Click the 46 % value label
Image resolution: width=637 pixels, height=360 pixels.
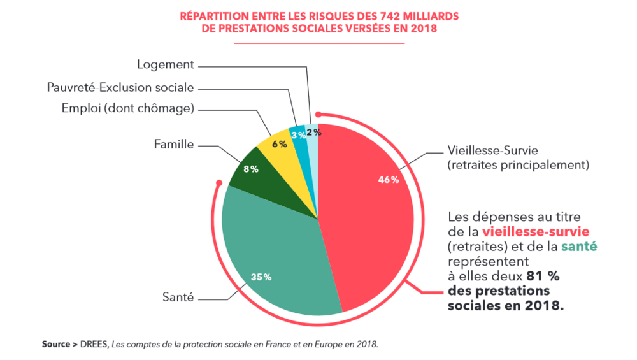(x=389, y=180)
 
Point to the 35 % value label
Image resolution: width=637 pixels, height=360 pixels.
(x=261, y=277)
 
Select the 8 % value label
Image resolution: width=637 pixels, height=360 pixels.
(x=250, y=169)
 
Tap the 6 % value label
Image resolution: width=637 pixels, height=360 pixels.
(x=280, y=144)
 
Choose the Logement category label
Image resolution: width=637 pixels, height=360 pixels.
(x=165, y=64)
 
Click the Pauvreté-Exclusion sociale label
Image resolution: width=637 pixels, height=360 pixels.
(x=120, y=87)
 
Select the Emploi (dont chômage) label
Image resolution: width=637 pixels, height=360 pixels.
(x=127, y=108)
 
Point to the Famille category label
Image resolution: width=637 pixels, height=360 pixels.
(x=174, y=144)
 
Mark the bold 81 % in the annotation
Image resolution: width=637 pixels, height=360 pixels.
(x=542, y=276)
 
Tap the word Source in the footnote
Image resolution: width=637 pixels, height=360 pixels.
(x=56, y=344)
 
